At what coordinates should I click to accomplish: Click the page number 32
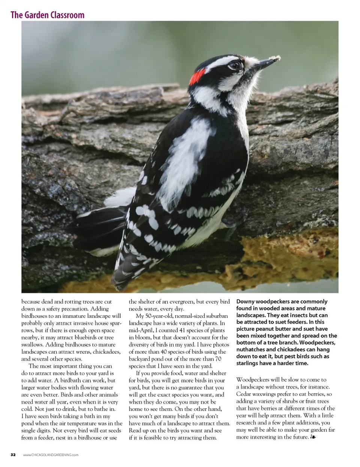(13, 455)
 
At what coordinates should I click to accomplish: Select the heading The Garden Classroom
(48, 15)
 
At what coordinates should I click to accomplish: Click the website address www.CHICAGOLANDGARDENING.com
(51, 455)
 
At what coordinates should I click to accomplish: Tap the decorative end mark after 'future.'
(313, 437)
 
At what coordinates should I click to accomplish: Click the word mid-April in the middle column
(141, 330)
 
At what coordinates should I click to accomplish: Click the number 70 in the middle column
(218, 359)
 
